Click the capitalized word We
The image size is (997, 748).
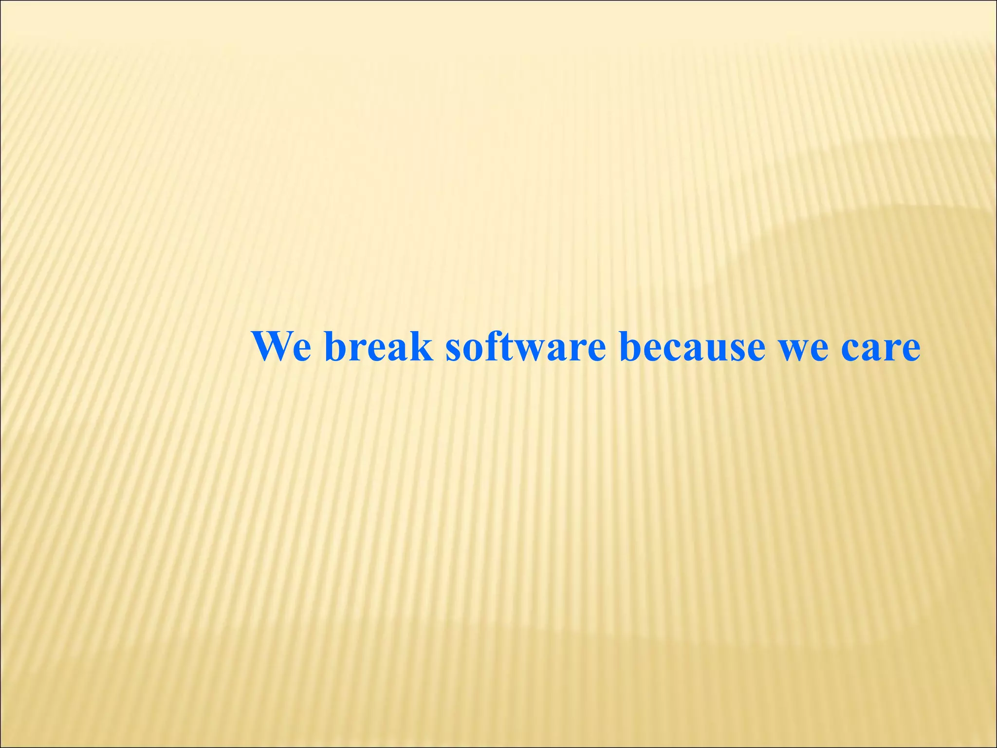[x=281, y=347]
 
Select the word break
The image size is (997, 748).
[x=378, y=347]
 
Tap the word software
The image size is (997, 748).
[x=525, y=347]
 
